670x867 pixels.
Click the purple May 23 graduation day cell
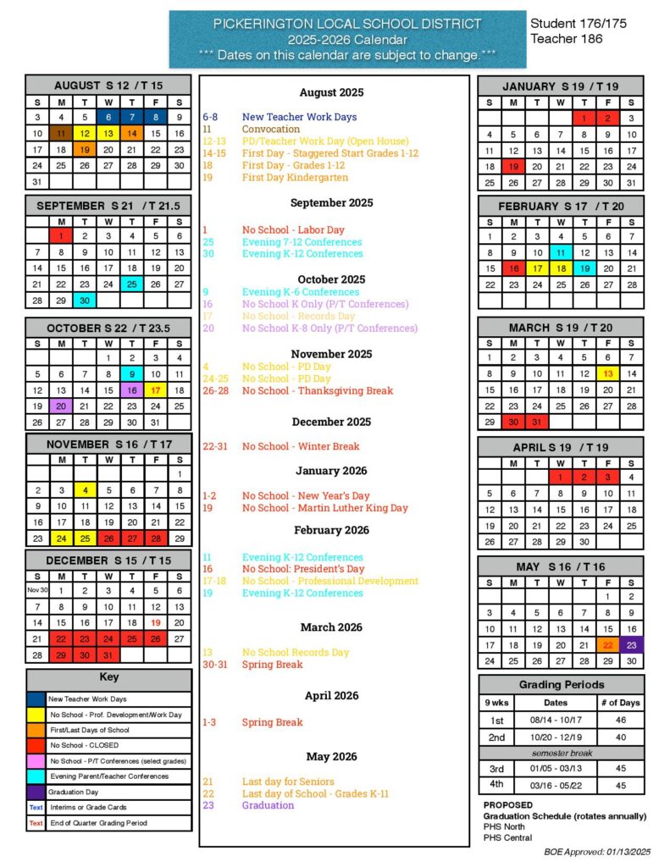[631, 644]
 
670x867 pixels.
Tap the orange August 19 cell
[85, 150]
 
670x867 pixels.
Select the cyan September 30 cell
[85, 301]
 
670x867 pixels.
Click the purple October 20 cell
[61, 406]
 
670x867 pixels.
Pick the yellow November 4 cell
[85, 489]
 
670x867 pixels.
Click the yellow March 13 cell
[607, 373]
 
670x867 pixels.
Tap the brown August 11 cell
[61, 134]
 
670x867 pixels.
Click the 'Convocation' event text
[271, 129]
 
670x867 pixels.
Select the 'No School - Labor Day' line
[293, 229]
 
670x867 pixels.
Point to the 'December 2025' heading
[332, 422]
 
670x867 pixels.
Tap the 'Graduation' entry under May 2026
[268, 805]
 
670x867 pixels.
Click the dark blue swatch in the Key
[36, 699]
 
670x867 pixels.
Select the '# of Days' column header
[620, 702]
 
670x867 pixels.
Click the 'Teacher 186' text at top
[567, 39]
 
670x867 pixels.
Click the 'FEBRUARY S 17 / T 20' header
[560, 207]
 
